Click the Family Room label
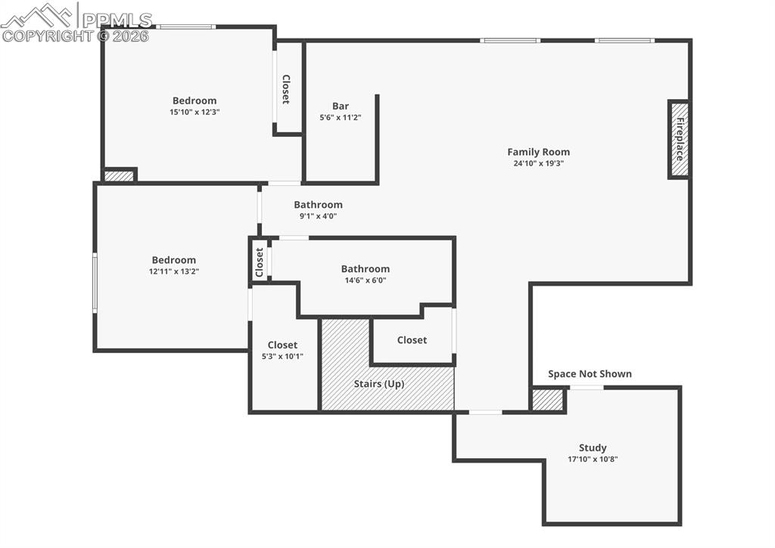point(538,152)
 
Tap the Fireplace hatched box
point(679,140)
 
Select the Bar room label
point(341,106)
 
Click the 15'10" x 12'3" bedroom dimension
point(195,112)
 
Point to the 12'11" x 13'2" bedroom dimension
point(173,271)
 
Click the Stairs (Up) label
point(378,384)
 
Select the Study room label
point(593,447)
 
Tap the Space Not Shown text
point(590,373)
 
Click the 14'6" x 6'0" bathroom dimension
point(365,280)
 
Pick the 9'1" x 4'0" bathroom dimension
point(318,216)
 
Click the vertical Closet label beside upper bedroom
point(286,89)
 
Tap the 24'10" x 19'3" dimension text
point(538,163)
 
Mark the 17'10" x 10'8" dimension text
point(593,459)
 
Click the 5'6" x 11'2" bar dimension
point(341,118)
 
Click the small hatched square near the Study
point(546,400)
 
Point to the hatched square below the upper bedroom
point(119,175)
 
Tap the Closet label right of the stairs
point(412,340)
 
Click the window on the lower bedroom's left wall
point(95,283)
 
